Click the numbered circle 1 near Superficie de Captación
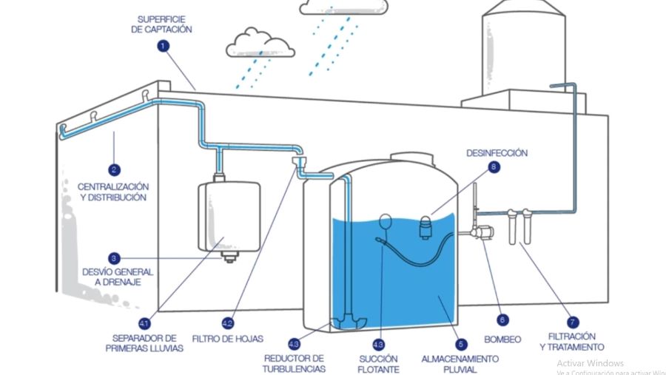tap(164, 46)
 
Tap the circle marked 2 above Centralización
tap(114, 168)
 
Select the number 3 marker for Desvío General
tap(114, 258)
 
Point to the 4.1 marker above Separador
tap(144, 323)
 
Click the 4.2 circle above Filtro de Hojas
tap(228, 323)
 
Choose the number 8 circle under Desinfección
tap(494, 167)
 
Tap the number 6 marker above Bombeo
tap(503, 320)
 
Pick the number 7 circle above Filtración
tap(572, 322)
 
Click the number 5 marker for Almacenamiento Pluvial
tap(461, 343)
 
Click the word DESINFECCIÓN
tap(497, 153)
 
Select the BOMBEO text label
tap(503, 339)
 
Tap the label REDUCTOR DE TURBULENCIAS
tap(294, 363)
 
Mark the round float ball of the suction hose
tap(385, 219)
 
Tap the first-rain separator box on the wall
tap(229, 216)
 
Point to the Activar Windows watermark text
tap(591, 363)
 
